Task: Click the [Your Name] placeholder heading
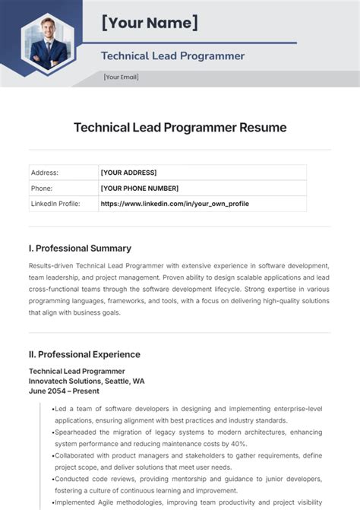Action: point(150,24)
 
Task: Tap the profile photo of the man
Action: point(49,43)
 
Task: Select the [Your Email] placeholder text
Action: point(122,78)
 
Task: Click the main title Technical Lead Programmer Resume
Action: point(180,128)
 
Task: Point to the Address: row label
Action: point(44,173)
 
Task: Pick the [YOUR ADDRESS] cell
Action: point(128,173)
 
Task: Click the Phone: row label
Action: point(41,188)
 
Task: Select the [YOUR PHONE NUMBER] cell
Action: point(140,188)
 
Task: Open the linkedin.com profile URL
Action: point(175,204)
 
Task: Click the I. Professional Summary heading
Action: point(79,248)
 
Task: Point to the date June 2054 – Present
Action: point(65,391)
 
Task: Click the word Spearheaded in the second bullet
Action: point(76,431)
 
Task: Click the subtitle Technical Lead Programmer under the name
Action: point(172,55)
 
